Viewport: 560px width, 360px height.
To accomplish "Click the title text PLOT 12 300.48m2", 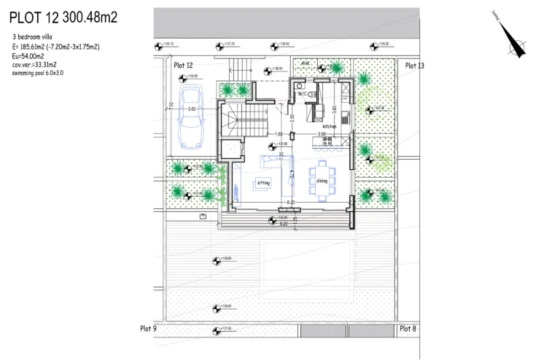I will pyautogui.click(x=64, y=15).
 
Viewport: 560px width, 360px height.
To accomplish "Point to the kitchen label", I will pyautogui.click(x=330, y=126).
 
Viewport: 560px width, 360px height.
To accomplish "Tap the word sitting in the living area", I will pyautogui.click(x=262, y=182).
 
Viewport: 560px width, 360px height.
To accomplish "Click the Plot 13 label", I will pyautogui.click(x=414, y=66).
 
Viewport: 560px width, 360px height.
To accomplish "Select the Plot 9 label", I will pyautogui.click(x=148, y=329).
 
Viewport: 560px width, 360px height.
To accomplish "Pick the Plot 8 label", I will pyautogui.click(x=408, y=329).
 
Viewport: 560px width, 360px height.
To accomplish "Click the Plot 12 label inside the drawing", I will pyautogui.click(x=183, y=66).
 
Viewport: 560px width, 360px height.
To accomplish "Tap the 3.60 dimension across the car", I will pyautogui.click(x=192, y=109).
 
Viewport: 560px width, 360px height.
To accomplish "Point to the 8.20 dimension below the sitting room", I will pyautogui.click(x=290, y=202).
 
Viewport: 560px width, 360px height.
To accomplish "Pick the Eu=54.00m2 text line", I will pyautogui.click(x=28, y=55).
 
